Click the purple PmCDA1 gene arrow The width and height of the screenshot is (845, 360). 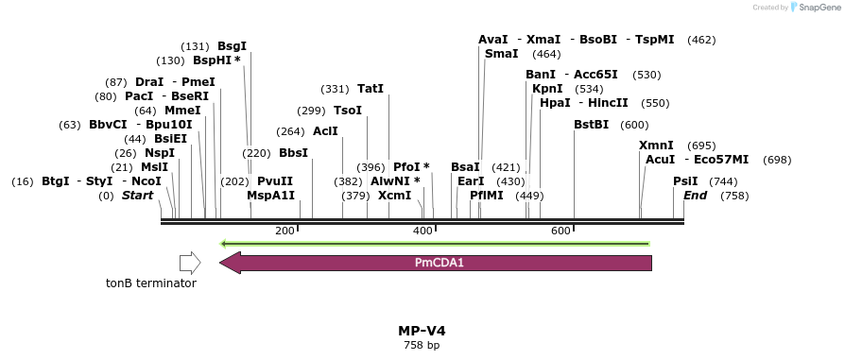point(436,262)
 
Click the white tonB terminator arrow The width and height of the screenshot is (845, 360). point(190,262)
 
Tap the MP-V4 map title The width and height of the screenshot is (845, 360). point(422,331)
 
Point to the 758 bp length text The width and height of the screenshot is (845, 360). point(422,346)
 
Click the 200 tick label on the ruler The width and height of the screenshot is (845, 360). point(285,231)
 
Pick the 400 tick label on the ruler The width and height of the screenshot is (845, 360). point(422,231)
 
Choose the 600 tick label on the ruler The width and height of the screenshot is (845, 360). point(560,231)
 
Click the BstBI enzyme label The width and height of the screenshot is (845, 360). point(592,125)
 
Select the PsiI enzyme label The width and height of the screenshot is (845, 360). point(685,180)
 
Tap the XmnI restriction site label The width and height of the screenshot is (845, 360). point(656,146)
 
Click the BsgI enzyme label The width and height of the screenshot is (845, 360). point(232,45)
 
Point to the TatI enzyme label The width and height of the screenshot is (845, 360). point(371,89)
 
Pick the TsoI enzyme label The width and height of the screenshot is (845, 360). point(348,111)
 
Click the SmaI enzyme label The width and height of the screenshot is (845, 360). point(501,54)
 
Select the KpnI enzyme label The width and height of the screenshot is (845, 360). point(547,89)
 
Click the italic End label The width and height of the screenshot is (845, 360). point(695,196)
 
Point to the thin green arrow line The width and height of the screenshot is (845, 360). point(435,244)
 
